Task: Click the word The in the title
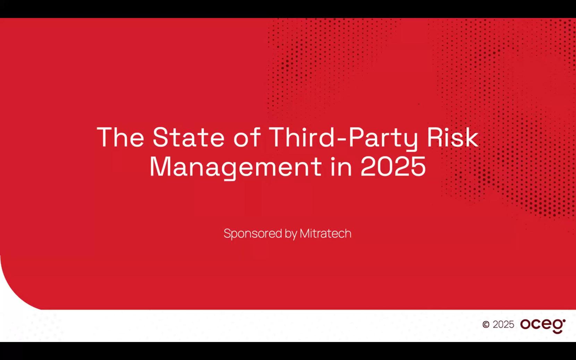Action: click(x=120, y=137)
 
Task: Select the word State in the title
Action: click(x=189, y=137)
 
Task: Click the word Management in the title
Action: click(x=236, y=167)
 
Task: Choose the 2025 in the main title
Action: click(x=393, y=166)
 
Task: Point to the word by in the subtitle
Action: click(x=291, y=234)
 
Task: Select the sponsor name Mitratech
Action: click(x=325, y=233)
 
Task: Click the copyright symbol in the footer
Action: click(x=486, y=325)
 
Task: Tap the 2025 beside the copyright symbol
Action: click(x=503, y=325)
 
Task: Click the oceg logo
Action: click(x=543, y=326)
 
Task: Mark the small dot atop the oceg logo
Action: click(x=564, y=320)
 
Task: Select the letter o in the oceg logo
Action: click(x=526, y=324)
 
